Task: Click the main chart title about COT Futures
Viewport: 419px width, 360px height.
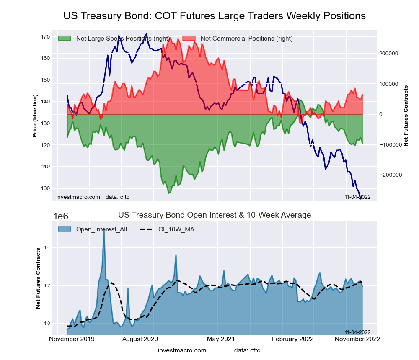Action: (215, 16)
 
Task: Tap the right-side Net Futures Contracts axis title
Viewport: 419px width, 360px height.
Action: (406, 116)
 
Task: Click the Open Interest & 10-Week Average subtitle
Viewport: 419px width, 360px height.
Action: (215, 215)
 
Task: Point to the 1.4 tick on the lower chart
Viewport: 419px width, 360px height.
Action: (47, 248)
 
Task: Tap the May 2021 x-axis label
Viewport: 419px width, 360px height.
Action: (218, 339)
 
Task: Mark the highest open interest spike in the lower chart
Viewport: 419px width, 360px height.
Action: (104, 230)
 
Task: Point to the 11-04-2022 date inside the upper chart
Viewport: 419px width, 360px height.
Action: (357, 197)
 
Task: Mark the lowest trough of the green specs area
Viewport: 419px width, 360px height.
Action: (169, 193)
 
